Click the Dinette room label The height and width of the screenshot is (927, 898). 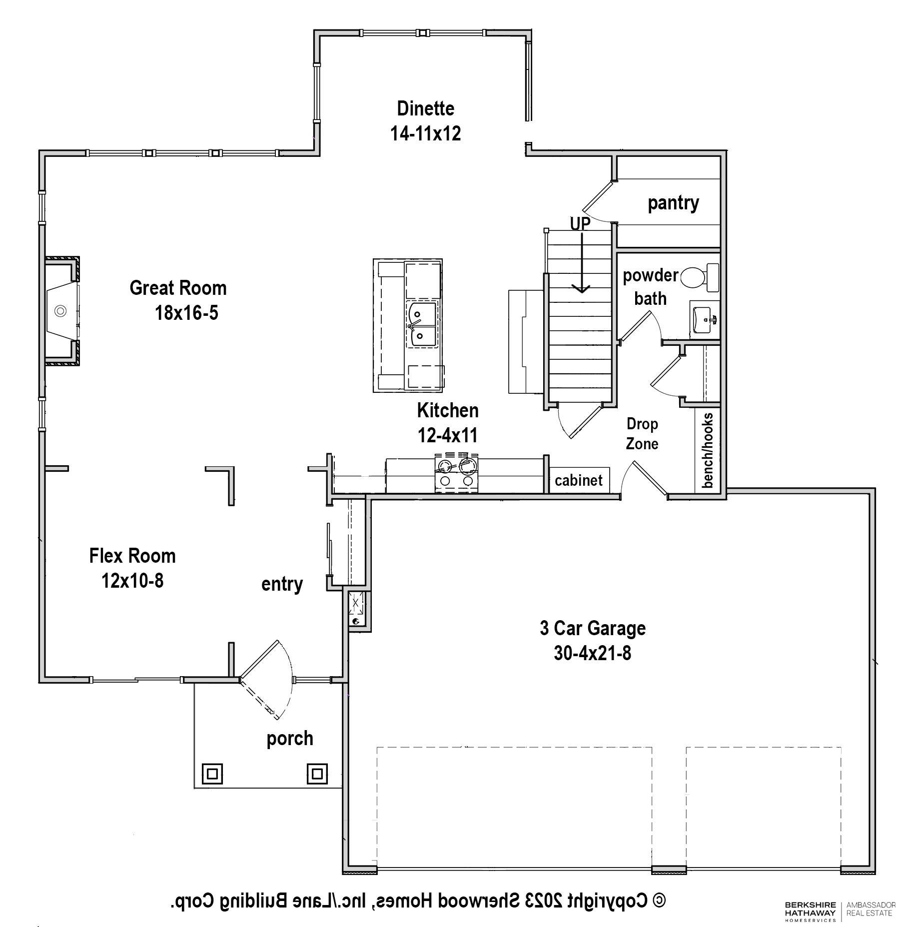point(425,108)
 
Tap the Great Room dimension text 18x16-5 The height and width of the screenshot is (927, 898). point(186,313)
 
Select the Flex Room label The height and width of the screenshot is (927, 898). point(132,556)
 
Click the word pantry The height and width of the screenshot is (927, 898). point(673,203)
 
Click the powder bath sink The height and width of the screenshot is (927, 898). point(705,318)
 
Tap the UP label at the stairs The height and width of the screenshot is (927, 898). point(580,223)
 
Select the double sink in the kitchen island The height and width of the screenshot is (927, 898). point(423,323)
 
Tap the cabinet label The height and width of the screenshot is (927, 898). point(579,480)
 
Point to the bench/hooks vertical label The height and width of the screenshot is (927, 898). point(708,450)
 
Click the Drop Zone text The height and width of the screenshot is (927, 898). point(642,434)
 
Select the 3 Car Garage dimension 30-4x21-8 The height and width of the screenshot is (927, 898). point(592,653)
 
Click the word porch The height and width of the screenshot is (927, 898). point(290,739)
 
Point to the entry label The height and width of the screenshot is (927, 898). point(282,584)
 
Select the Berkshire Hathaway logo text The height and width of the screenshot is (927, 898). point(810,912)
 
